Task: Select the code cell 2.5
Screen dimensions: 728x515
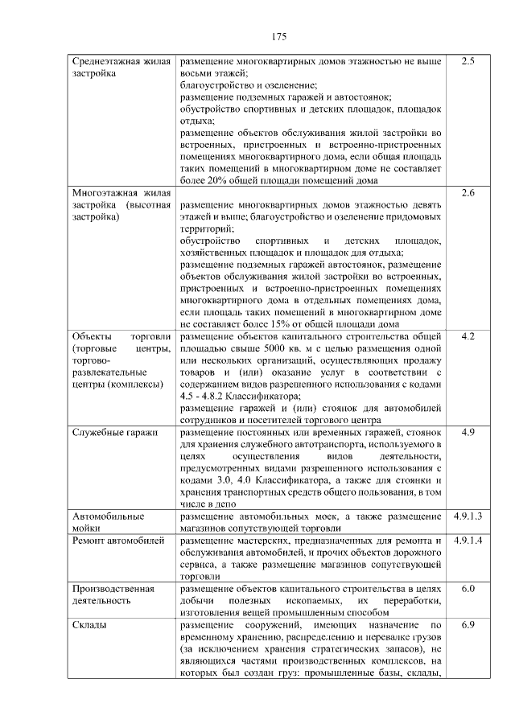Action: pos(468,61)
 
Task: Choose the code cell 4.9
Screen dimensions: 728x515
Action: pos(468,433)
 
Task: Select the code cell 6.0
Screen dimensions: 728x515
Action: pos(468,589)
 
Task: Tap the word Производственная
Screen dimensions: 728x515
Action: pos(113,589)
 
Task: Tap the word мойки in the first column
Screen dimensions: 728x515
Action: pos(88,528)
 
